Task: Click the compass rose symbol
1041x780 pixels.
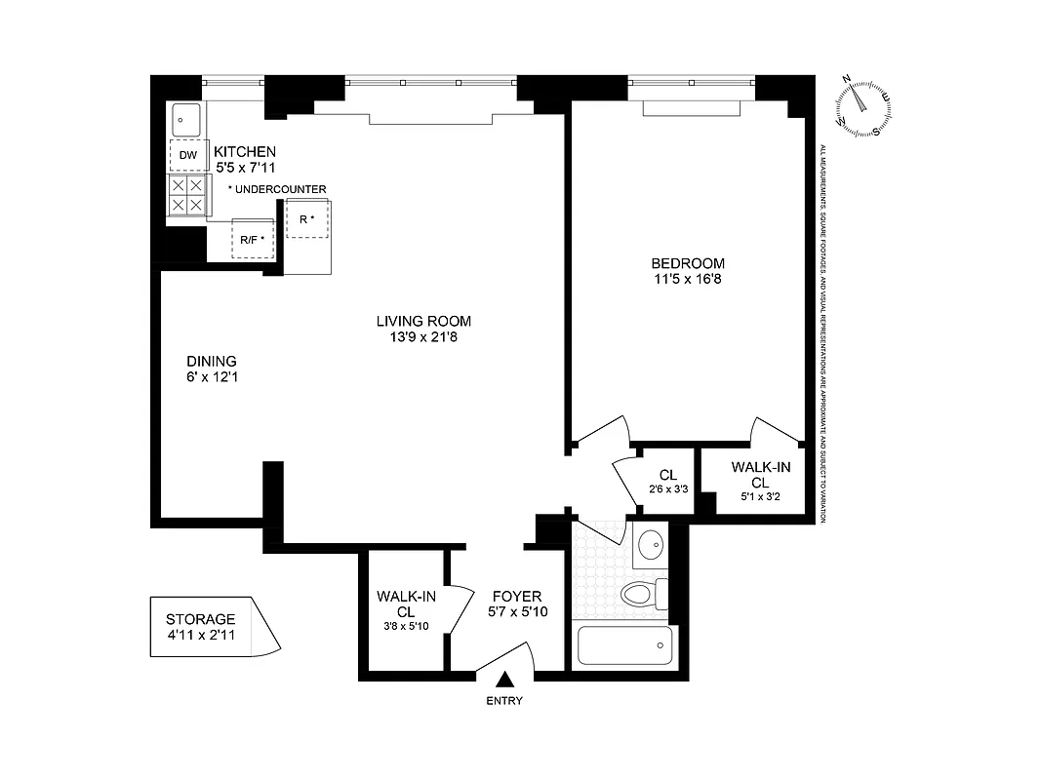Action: tap(862, 106)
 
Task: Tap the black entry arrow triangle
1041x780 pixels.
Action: tap(505, 681)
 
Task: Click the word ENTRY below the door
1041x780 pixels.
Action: tap(505, 701)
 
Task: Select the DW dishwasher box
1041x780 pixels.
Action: tap(188, 155)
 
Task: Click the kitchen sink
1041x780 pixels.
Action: tap(186, 120)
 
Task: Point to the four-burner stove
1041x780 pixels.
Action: tap(187, 195)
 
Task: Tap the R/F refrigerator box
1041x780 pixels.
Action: tap(253, 238)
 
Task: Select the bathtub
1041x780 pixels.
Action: tap(624, 644)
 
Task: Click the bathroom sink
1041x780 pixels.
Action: tap(648, 546)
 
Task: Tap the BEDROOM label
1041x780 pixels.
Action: tap(688, 263)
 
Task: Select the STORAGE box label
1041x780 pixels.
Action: tap(200, 619)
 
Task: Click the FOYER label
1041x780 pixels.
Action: tap(516, 597)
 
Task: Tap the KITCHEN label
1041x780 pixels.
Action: tap(245, 152)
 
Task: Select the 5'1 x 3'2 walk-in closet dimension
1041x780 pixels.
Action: tap(760, 497)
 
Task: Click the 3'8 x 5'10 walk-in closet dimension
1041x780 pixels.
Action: tap(407, 626)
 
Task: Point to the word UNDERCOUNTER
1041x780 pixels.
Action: tap(281, 189)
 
